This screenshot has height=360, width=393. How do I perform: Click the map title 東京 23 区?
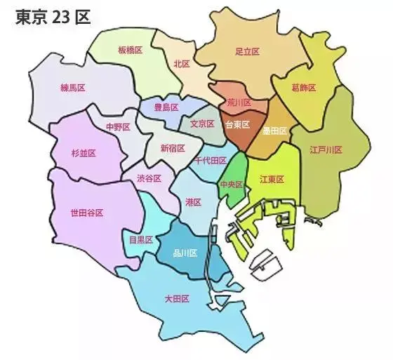pos(53,18)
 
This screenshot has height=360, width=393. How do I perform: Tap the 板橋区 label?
pos(131,51)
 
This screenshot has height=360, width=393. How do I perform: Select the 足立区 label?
pos(248,51)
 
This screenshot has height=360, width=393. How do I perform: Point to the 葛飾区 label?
pos(303,88)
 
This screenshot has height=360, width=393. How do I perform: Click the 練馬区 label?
pos(73,88)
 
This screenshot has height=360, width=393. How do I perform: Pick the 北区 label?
pos(182,63)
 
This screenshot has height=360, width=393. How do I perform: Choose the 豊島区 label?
pos(166,107)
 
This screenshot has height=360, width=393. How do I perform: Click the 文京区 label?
pos(202,124)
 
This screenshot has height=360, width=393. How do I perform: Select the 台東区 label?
pos(237,124)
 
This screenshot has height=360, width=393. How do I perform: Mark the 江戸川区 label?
pos(326,149)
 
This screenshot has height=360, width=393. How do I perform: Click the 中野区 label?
pos(118,127)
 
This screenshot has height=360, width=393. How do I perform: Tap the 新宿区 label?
pos(173,148)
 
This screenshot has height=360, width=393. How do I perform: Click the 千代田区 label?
pos(209,161)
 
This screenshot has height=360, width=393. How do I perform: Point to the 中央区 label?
pos(231,185)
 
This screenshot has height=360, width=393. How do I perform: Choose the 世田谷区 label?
pos(87,213)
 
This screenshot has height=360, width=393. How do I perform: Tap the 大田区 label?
pos(177,299)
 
